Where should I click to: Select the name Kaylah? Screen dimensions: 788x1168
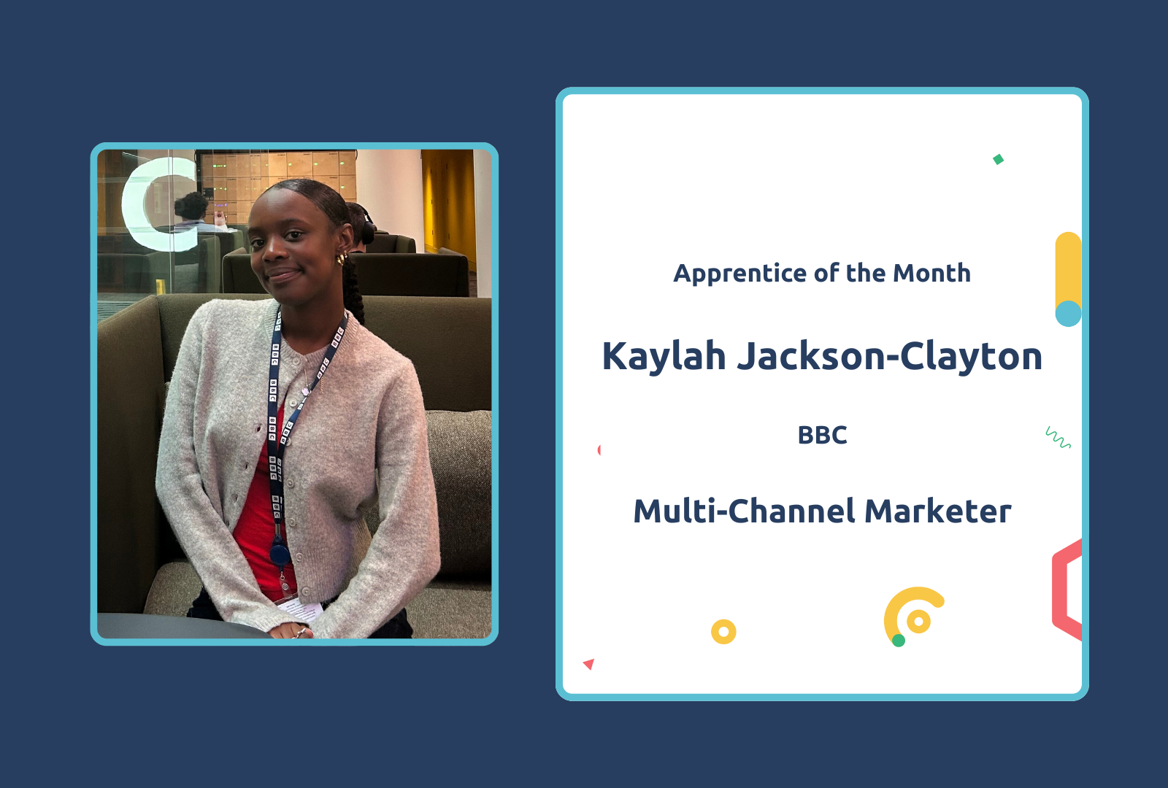[x=664, y=357]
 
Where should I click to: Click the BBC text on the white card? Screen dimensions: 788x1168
[x=822, y=435]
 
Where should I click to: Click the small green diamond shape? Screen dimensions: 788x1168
[x=998, y=159]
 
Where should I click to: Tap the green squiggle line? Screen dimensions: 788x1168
[x=1058, y=438]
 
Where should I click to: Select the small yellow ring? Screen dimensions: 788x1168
[x=723, y=631]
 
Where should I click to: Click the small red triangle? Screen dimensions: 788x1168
[x=589, y=663]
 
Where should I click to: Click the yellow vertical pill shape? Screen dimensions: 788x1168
[x=1068, y=266]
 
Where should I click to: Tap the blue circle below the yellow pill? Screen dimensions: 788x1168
[x=1068, y=314]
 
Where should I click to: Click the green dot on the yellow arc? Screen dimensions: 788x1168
[x=899, y=641]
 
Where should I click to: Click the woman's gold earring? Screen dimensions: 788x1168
[x=341, y=259]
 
